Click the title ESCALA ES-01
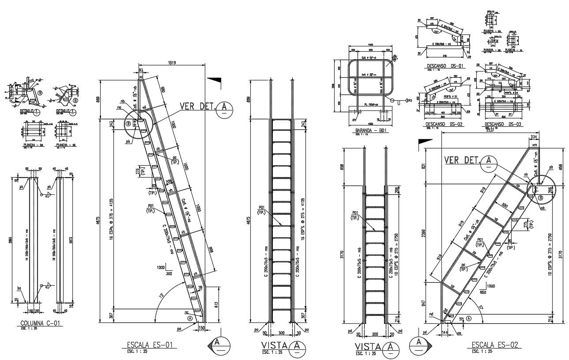pyautogui.click(x=149, y=345)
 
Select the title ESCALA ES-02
pyautogui.click(x=494, y=345)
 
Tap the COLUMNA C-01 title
pyautogui.click(x=39, y=323)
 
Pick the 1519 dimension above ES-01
pyautogui.click(x=172, y=63)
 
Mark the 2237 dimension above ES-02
pyautogui.click(x=490, y=130)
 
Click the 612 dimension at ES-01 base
pyautogui.click(x=215, y=304)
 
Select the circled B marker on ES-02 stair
pyautogui.click(x=540, y=198)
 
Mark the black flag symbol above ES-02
pyautogui.click(x=424, y=141)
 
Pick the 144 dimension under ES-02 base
pyautogui.click(x=445, y=331)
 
